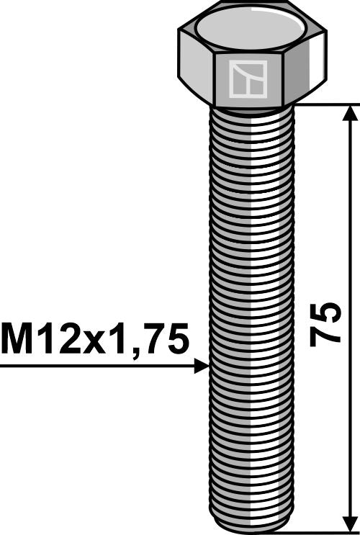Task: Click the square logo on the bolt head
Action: tap(248, 79)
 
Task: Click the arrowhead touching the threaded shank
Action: tap(201, 366)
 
